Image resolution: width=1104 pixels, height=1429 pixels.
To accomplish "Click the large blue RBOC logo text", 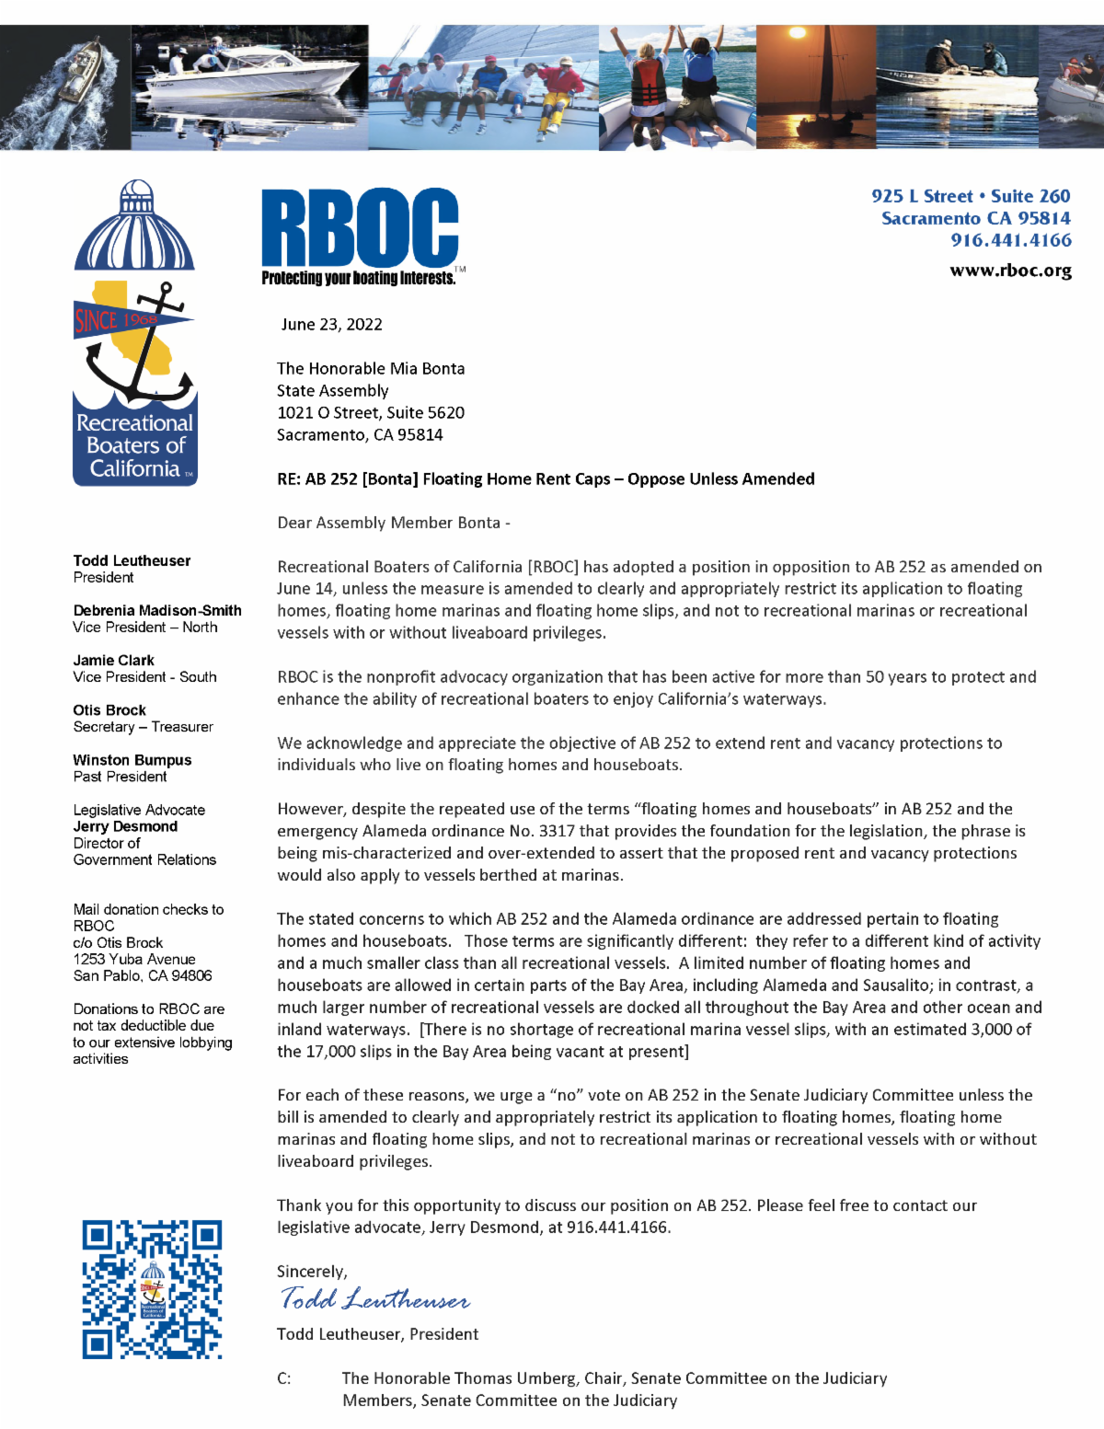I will click(x=359, y=227).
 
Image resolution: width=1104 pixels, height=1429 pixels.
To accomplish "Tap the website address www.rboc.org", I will click(x=1010, y=271).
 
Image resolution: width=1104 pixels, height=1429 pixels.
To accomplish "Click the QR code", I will click(x=152, y=1289).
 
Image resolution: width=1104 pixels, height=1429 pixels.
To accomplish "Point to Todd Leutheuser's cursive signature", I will click(x=374, y=1299).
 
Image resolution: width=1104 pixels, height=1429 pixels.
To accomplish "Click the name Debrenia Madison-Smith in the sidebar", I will click(x=157, y=610).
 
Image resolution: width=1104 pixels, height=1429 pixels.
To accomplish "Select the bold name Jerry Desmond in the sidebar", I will click(x=125, y=826).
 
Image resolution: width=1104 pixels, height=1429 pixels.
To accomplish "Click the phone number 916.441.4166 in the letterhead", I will click(x=1010, y=240).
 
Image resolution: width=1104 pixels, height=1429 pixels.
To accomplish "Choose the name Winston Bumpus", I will click(x=132, y=760).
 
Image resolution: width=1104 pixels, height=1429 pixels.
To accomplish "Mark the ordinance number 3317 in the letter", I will click(x=557, y=831).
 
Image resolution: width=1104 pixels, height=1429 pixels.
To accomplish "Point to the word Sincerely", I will click(x=312, y=1272).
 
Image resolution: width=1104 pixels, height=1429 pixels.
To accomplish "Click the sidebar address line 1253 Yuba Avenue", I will click(x=134, y=959).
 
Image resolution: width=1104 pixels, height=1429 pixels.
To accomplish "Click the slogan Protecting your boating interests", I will click(x=358, y=278).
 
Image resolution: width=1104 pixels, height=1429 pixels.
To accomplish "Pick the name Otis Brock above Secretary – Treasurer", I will click(x=109, y=710).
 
